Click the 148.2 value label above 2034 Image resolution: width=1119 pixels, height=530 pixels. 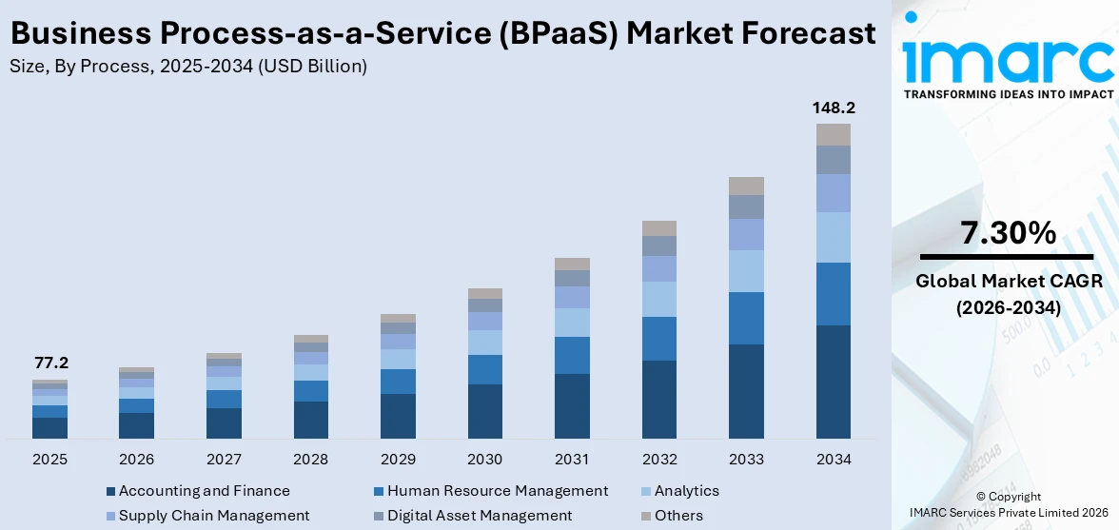(x=833, y=108)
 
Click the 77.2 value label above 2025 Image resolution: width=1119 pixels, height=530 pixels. (x=50, y=363)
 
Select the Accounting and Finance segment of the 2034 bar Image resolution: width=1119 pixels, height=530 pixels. (x=833, y=382)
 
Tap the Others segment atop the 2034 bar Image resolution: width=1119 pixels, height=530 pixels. (x=833, y=134)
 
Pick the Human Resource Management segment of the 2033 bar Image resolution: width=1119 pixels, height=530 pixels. (x=746, y=318)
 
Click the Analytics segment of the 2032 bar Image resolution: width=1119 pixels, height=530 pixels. (x=659, y=299)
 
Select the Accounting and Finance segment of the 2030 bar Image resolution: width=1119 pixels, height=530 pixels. (x=485, y=411)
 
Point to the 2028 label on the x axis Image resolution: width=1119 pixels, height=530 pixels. (x=311, y=460)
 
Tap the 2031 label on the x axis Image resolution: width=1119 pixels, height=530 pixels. (x=572, y=460)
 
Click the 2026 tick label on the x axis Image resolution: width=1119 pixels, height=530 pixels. (x=137, y=460)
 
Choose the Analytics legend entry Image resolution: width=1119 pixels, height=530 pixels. (x=686, y=491)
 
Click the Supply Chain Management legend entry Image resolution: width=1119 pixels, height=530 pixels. (x=214, y=516)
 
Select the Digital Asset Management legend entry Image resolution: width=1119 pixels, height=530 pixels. (x=480, y=516)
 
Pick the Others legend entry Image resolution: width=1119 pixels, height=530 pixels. (x=678, y=516)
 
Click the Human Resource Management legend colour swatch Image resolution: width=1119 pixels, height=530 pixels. (x=380, y=492)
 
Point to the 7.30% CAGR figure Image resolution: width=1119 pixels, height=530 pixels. (x=1008, y=232)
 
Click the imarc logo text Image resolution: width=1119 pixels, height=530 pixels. (x=1008, y=59)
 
